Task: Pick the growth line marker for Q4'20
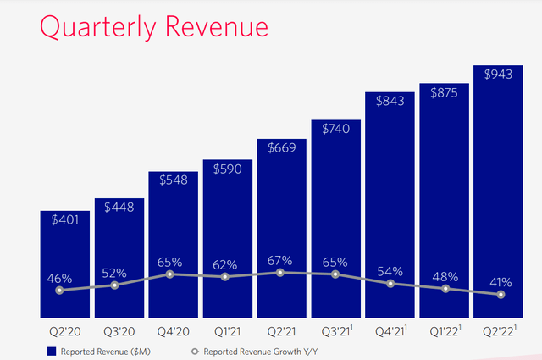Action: click(170, 274)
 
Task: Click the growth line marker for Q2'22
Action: click(501, 295)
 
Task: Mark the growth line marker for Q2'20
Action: click(59, 291)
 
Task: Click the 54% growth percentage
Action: click(390, 270)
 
